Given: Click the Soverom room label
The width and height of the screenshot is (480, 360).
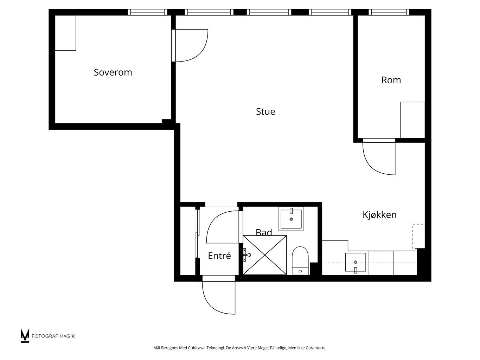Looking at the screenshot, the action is pyautogui.click(x=113, y=72).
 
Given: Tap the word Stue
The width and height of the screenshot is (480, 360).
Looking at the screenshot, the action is pyautogui.click(x=265, y=111).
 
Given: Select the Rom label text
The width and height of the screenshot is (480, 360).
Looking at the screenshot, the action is pyautogui.click(x=391, y=80).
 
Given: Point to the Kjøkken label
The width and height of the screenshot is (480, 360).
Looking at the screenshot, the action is pyautogui.click(x=379, y=215).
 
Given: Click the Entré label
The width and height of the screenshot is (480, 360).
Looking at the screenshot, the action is pyautogui.click(x=219, y=256).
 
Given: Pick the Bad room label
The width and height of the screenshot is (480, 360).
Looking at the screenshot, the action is pyautogui.click(x=264, y=232).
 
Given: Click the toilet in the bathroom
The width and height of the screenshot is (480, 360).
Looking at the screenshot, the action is pyautogui.click(x=300, y=261).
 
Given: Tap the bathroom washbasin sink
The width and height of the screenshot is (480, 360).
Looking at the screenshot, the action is pyautogui.click(x=291, y=219).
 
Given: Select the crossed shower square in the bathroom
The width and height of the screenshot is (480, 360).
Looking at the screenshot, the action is pyautogui.click(x=265, y=255).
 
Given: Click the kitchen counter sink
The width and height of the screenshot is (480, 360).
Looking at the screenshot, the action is pyautogui.click(x=356, y=263).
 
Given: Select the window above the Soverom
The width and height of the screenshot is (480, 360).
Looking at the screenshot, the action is pyautogui.click(x=147, y=12).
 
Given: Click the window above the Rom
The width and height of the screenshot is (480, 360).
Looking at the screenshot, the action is pyautogui.click(x=389, y=12).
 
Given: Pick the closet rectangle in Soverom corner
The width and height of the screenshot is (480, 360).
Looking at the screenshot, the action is pyautogui.click(x=65, y=33).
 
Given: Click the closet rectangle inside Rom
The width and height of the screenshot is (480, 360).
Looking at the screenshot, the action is pyautogui.click(x=412, y=120).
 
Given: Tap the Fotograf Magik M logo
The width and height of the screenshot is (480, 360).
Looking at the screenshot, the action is pyautogui.click(x=25, y=335).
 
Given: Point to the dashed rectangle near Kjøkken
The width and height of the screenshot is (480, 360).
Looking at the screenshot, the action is pyautogui.click(x=418, y=236).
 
